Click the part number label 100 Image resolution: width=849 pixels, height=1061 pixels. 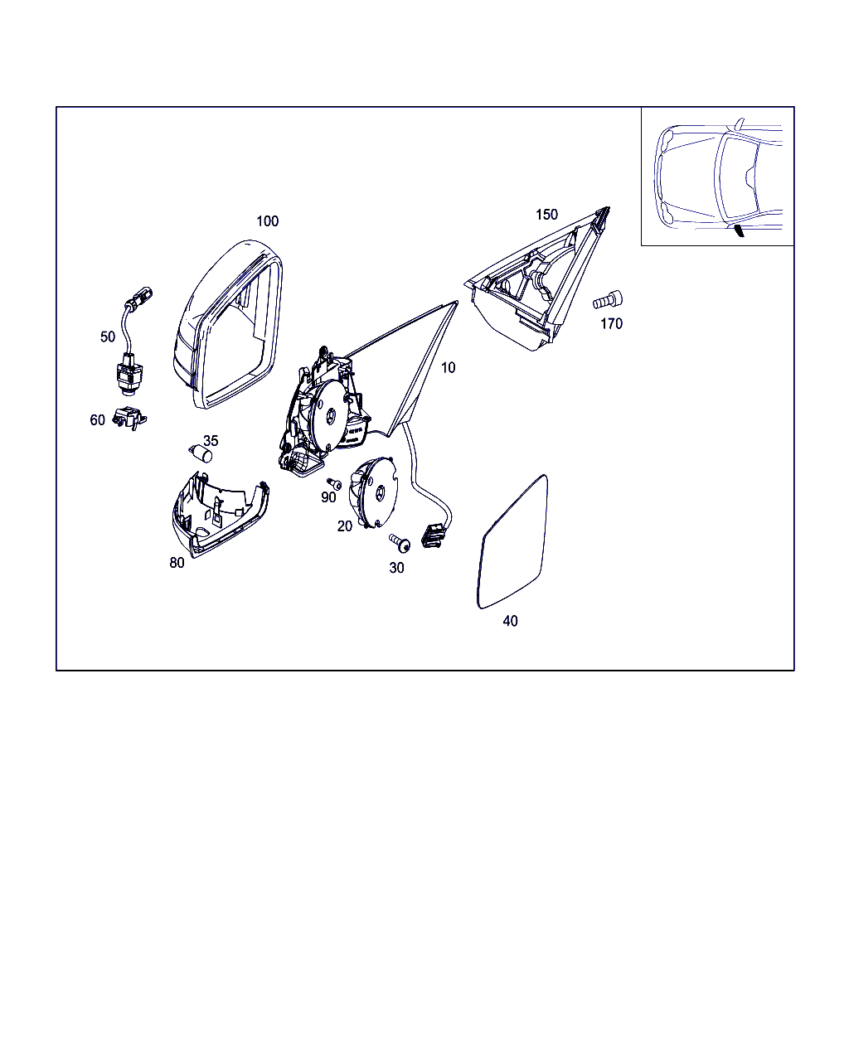point(267,221)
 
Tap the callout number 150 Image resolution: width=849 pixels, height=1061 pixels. point(546,215)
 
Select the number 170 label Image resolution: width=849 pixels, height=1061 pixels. point(611,324)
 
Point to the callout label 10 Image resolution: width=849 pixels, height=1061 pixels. point(448,368)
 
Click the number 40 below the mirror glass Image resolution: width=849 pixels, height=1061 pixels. point(510,621)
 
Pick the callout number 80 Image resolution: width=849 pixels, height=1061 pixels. point(177,563)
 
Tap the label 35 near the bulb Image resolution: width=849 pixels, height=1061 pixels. point(211,441)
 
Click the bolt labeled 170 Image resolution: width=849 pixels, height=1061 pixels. point(607,300)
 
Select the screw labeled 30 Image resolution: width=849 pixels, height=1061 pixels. point(400,543)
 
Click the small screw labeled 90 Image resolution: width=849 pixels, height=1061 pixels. point(334,483)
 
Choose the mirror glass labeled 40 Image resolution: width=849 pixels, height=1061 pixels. point(512,541)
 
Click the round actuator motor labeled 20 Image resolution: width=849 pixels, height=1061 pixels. point(373,493)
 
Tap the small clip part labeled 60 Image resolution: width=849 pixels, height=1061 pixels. point(129,418)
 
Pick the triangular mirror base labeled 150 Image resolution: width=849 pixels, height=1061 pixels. point(538,279)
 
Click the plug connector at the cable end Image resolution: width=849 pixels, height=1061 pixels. point(433,536)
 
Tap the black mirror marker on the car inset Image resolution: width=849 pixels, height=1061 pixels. point(739,230)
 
